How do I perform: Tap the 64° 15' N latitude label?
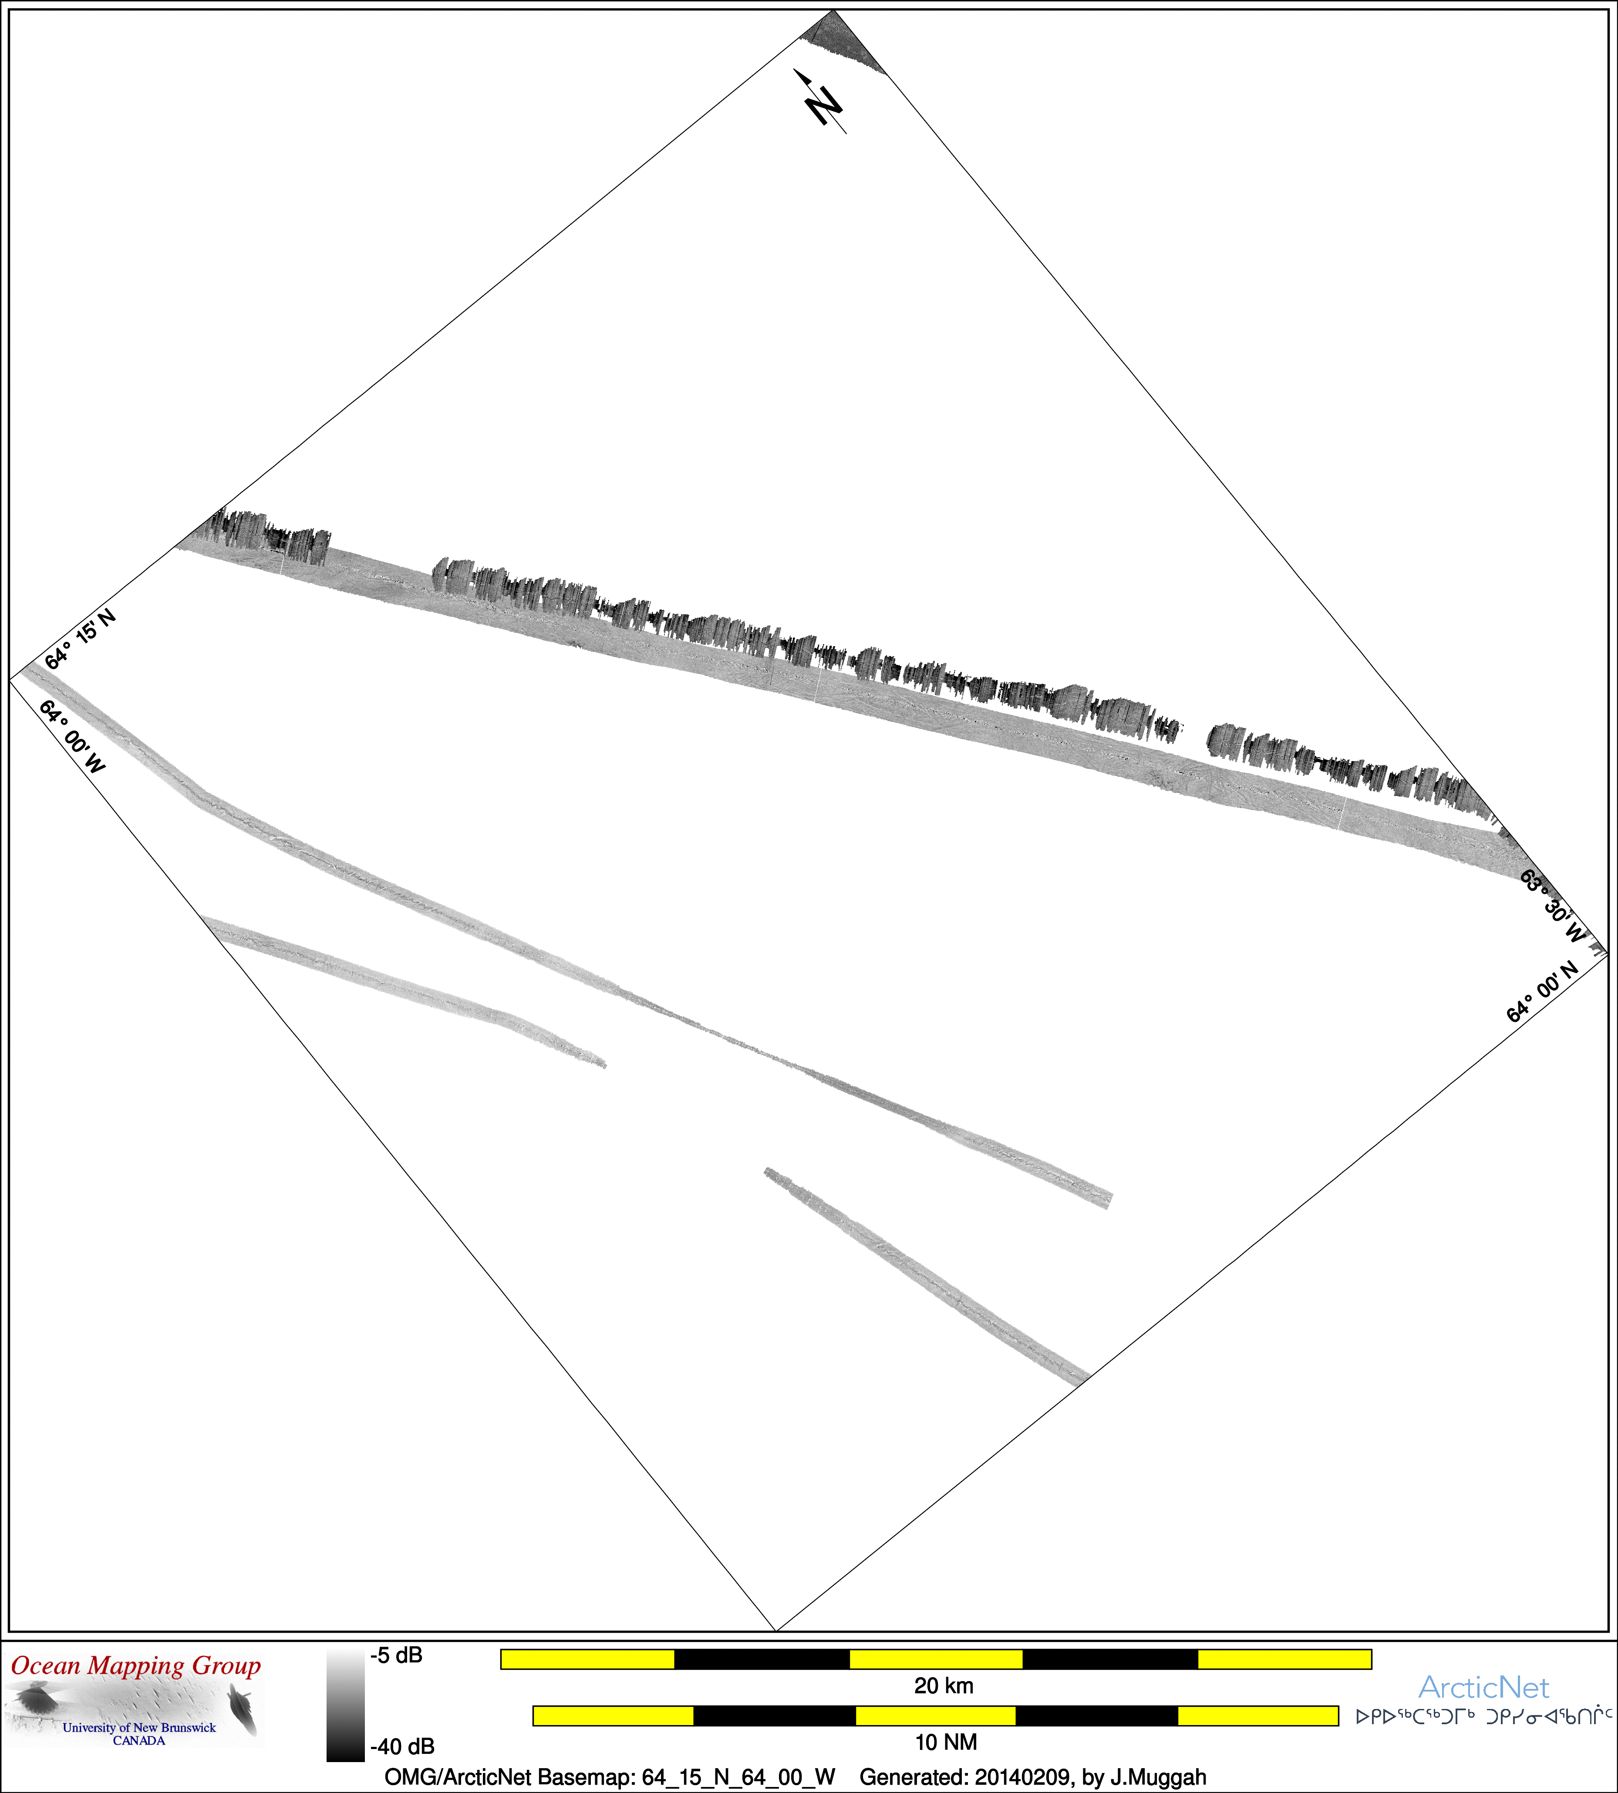click(80, 638)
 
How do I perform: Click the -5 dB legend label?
click(397, 1655)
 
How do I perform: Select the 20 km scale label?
click(944, 1685)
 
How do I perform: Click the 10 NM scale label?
click(946, 1742)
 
